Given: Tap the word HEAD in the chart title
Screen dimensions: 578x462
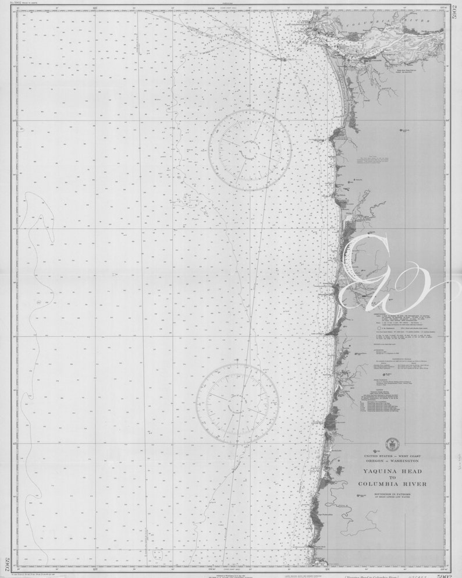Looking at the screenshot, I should pos(410,471).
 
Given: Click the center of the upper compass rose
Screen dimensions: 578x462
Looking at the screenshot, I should pos(250,150).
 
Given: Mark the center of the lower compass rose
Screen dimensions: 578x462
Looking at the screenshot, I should pos(237,404).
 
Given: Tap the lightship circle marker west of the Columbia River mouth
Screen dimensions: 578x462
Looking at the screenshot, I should pos(282,59).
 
